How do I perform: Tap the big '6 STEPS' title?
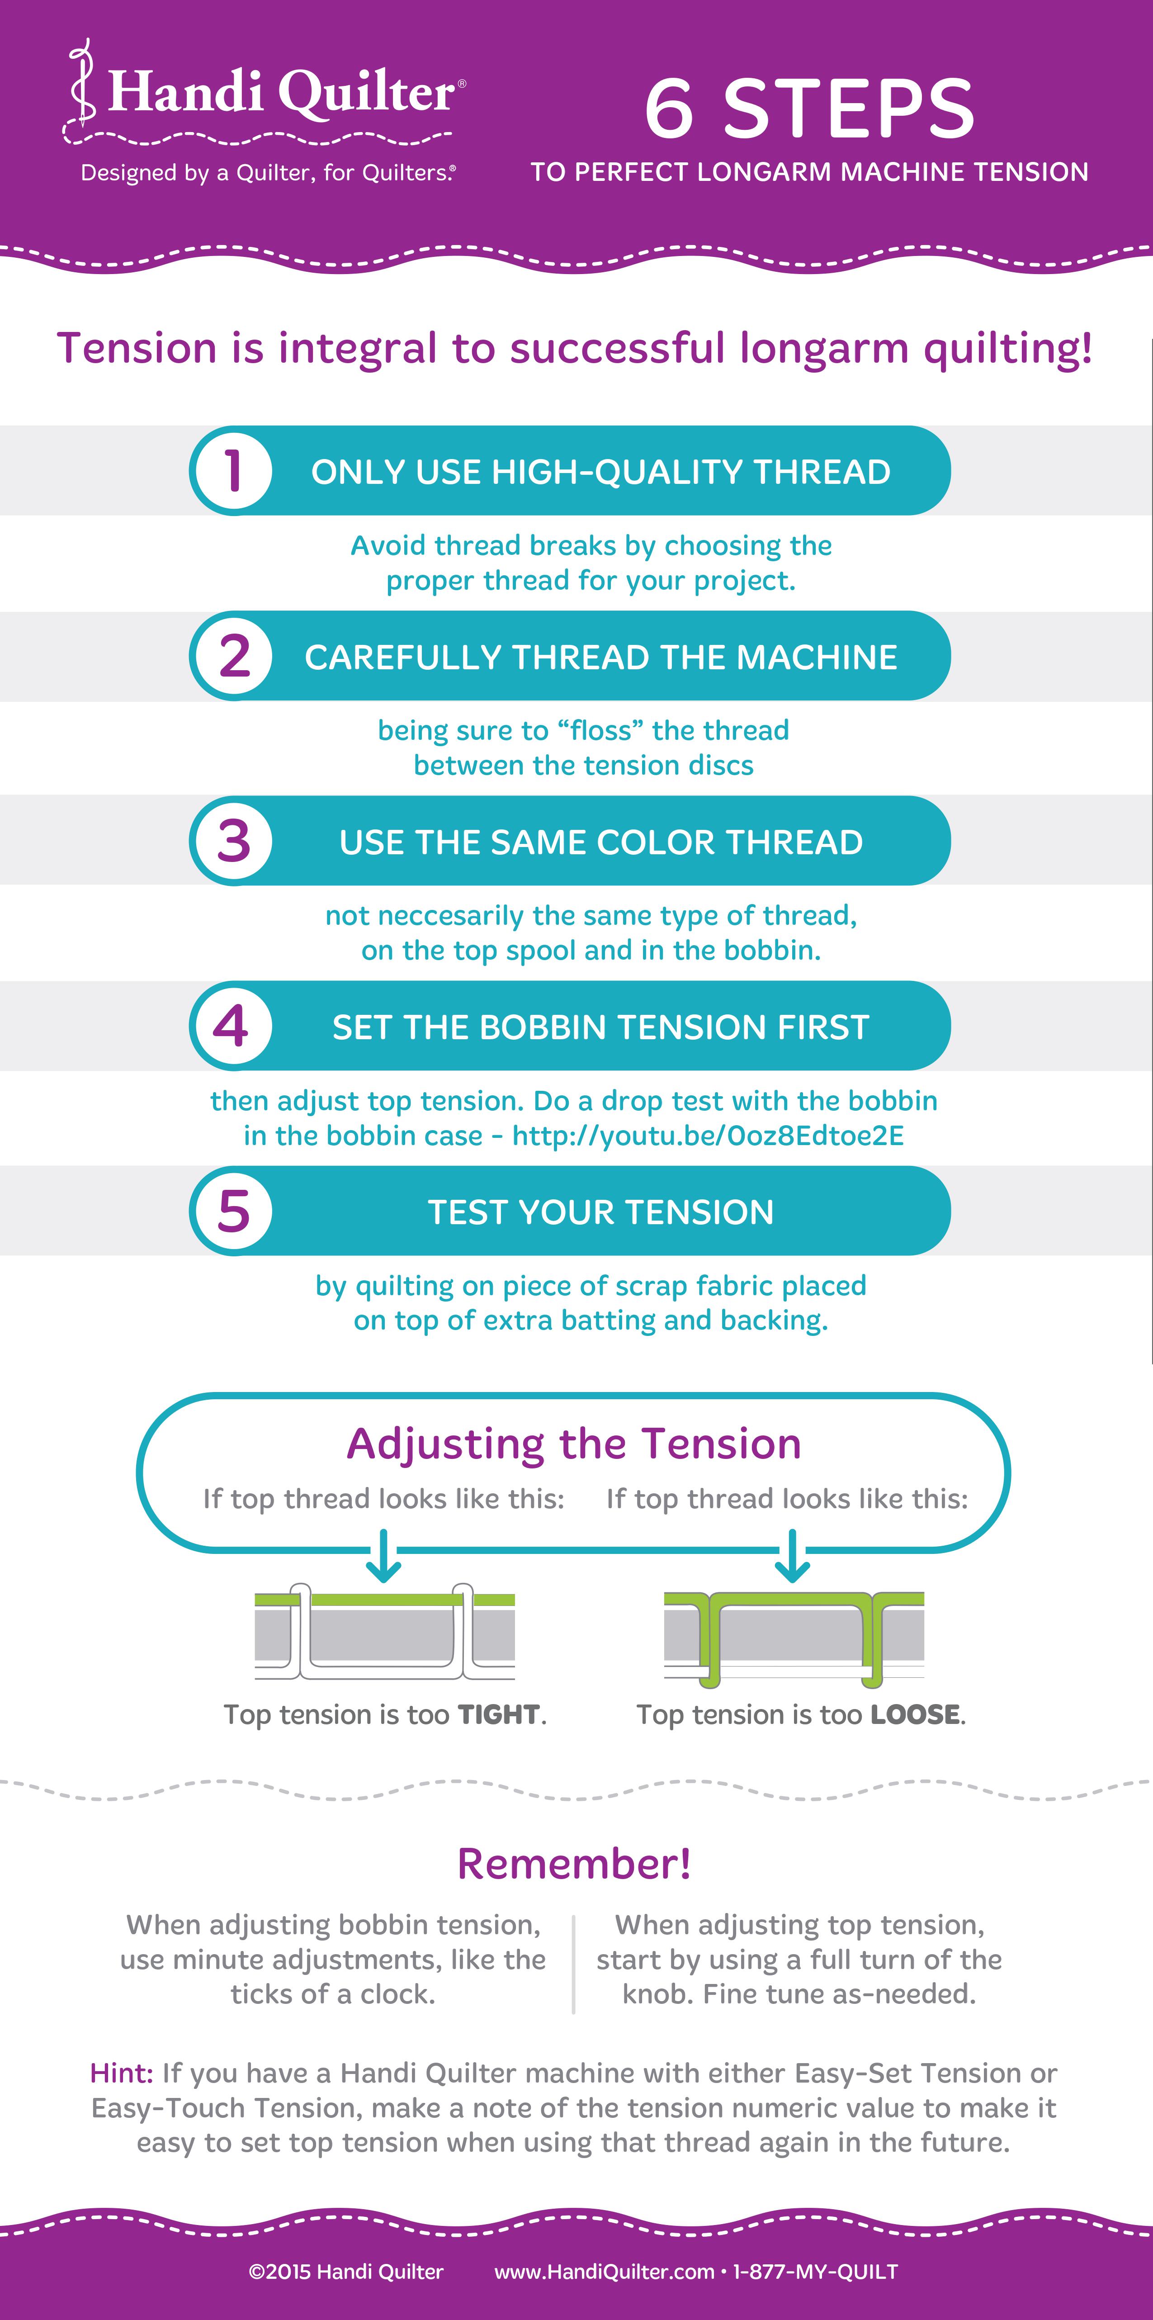pos(809,109)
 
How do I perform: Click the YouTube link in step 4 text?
pos(708,1136)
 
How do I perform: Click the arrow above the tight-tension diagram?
pos(384,1555)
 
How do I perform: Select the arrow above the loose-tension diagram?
pos(792,1555)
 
